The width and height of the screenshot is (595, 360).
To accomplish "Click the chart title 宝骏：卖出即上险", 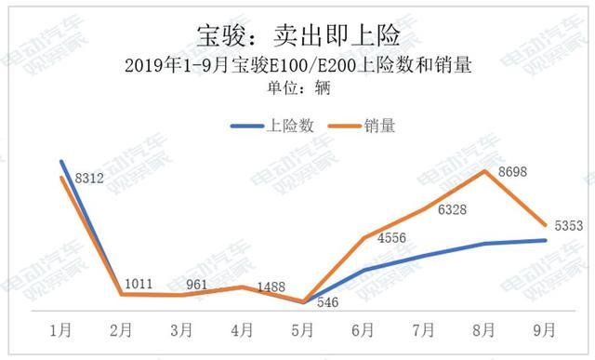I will (x=297, y=35).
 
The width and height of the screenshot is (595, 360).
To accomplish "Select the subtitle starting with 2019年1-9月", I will (x=297, y=66).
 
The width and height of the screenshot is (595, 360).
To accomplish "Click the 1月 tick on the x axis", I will (x=61, y=329).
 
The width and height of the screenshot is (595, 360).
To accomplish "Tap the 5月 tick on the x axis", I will (x=303, y=329).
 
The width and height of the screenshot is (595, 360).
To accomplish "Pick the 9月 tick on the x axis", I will (x=545, y=329).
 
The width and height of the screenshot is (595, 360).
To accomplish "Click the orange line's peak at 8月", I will (x=484, y=171).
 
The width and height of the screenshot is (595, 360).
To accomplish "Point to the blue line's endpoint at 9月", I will (x=545, y=240).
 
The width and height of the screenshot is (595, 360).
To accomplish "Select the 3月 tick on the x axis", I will (x=182, y=329).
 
